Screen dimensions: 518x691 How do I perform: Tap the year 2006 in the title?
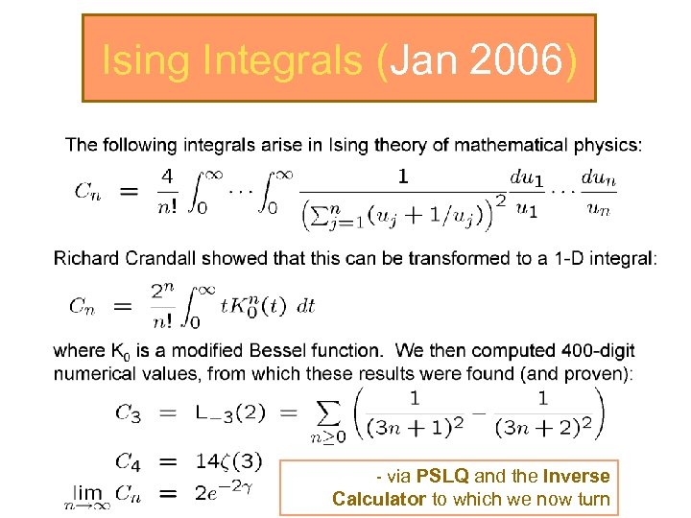point(513,60)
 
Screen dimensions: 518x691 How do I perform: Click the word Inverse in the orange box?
point(576,477)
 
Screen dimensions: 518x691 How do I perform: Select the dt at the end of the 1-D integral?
point(305,306)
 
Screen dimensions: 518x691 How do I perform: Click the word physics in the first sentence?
point(606,146)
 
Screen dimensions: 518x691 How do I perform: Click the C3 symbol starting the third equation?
point(128,414)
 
